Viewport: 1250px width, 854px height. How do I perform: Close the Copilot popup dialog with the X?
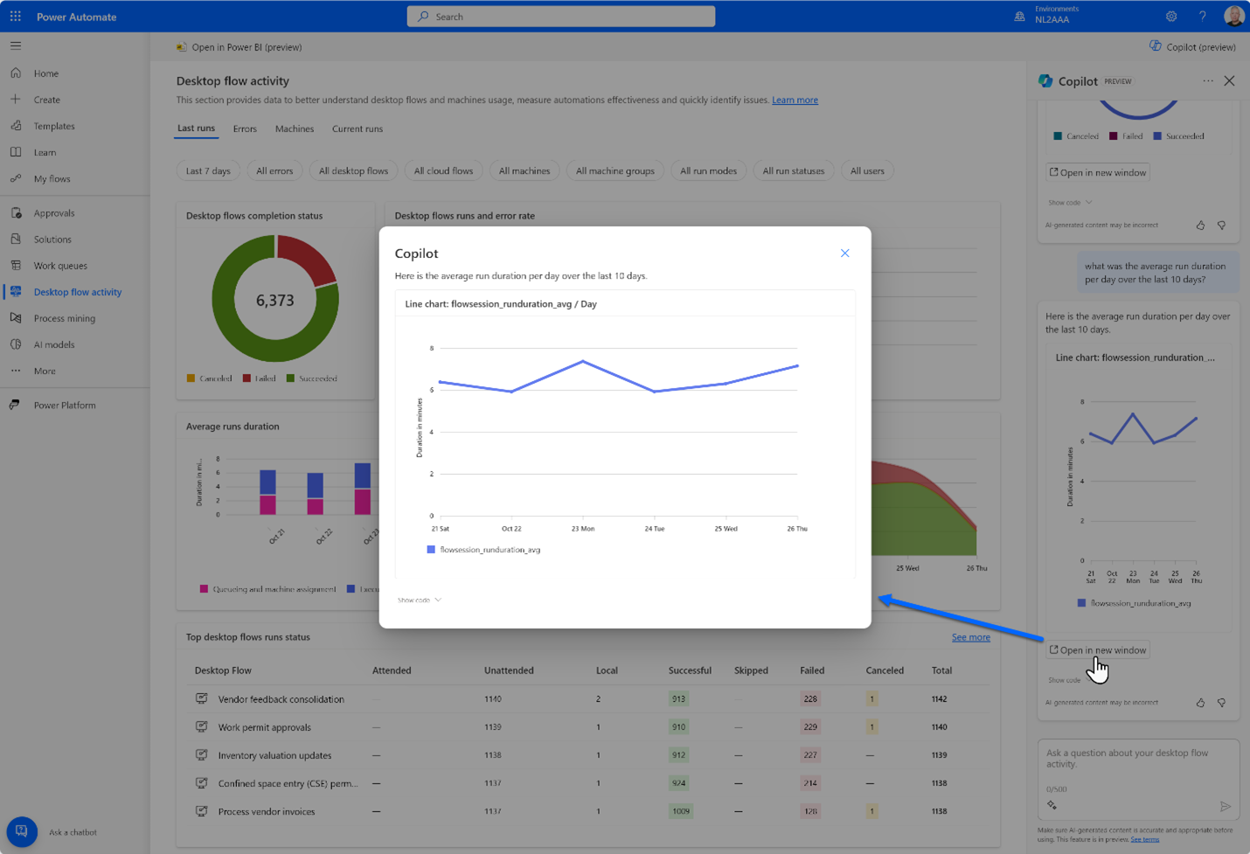(x=844, y=253)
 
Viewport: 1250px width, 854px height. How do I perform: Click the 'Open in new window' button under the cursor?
(x=1098, y=650)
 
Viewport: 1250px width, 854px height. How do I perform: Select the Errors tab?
(x=245, y=129)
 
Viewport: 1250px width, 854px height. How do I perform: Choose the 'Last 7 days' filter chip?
(x=208, y=171)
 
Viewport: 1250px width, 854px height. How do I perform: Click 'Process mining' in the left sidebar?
(x=64, y=318)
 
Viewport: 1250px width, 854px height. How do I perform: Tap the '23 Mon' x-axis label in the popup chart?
(x=583, y=529)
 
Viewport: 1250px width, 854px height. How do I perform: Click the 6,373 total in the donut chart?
(x=274, y=301)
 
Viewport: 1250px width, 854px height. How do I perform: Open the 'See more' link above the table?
(x=970, y=637)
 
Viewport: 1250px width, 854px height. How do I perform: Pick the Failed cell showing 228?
(x=810, y=699)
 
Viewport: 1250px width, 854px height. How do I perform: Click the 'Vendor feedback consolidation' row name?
(x=281, y=699)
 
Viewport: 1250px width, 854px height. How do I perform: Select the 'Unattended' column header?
(x=509, y=670)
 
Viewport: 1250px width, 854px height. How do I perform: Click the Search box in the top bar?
(x=561, y=17)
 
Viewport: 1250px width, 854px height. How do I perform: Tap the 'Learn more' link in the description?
(x=795, y=101)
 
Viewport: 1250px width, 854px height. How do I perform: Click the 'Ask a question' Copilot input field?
(x=1136, y=759)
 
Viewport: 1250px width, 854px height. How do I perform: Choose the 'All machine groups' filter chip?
(x=615, y=171)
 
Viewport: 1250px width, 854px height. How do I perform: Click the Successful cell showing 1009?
(x=680, y=811)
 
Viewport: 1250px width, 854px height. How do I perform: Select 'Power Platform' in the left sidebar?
(x=65, y=406)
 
